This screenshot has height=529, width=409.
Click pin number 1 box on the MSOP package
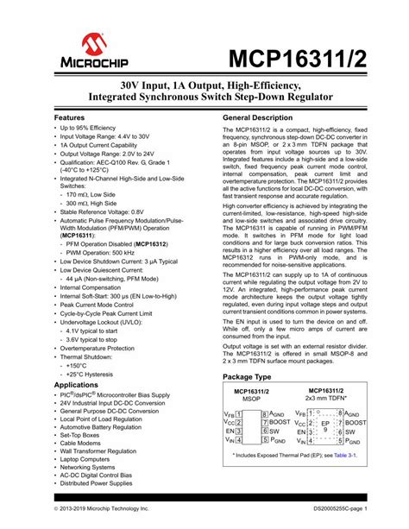[x=241, y=414]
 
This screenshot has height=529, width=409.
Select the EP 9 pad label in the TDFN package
[x=324, y=426]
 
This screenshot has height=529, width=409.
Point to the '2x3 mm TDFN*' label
[x=327, y=399]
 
